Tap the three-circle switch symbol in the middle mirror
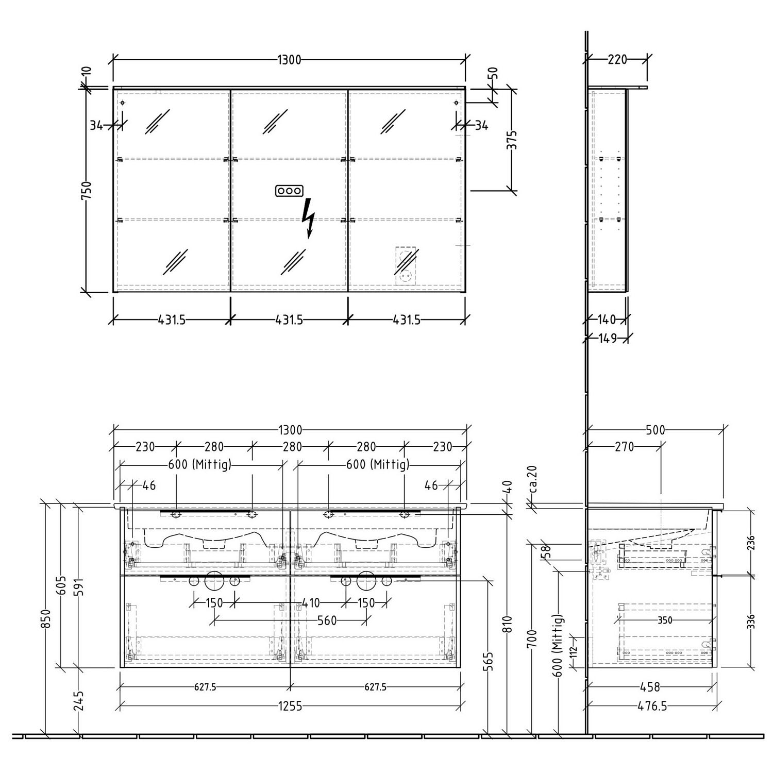288,191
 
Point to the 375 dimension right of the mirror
511,140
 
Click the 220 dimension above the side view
617,60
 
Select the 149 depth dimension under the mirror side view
608,339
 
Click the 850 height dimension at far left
47,619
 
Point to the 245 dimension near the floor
79,701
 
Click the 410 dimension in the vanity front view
311,602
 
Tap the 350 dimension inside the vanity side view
665,620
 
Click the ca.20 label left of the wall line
533,479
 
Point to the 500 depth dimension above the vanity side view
656,430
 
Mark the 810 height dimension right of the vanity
509,626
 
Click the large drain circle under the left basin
213,581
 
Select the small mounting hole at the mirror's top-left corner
123,103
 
